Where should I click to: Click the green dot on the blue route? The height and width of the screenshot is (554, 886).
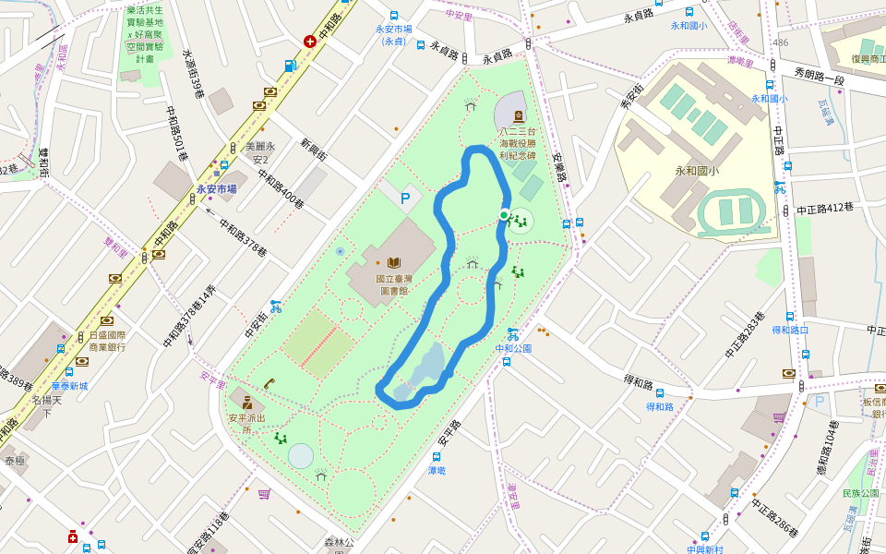point(503,215)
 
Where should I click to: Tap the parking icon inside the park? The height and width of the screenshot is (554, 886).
point(404,198)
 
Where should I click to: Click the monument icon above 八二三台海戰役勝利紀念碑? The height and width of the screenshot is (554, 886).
point(518,116)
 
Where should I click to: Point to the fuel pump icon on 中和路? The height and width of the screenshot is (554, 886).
point(290,66)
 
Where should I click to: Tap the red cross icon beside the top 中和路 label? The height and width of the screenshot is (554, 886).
point(310,42)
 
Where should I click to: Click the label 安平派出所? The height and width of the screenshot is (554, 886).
point(246,423)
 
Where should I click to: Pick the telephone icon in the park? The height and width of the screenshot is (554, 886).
point(269,383)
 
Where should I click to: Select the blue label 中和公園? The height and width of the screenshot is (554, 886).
point(513,348)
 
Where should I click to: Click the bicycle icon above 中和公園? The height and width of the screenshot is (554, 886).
point(512,333)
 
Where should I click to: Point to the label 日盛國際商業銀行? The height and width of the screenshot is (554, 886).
point(107,341)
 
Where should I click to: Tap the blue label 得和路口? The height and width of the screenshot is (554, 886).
point(790,330)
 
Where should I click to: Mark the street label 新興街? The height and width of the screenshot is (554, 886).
point(314,150)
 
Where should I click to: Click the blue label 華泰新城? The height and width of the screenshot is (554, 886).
point(69,386)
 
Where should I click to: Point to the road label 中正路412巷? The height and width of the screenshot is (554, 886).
point(825,209)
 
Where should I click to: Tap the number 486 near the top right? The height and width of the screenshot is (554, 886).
point(781,42)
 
